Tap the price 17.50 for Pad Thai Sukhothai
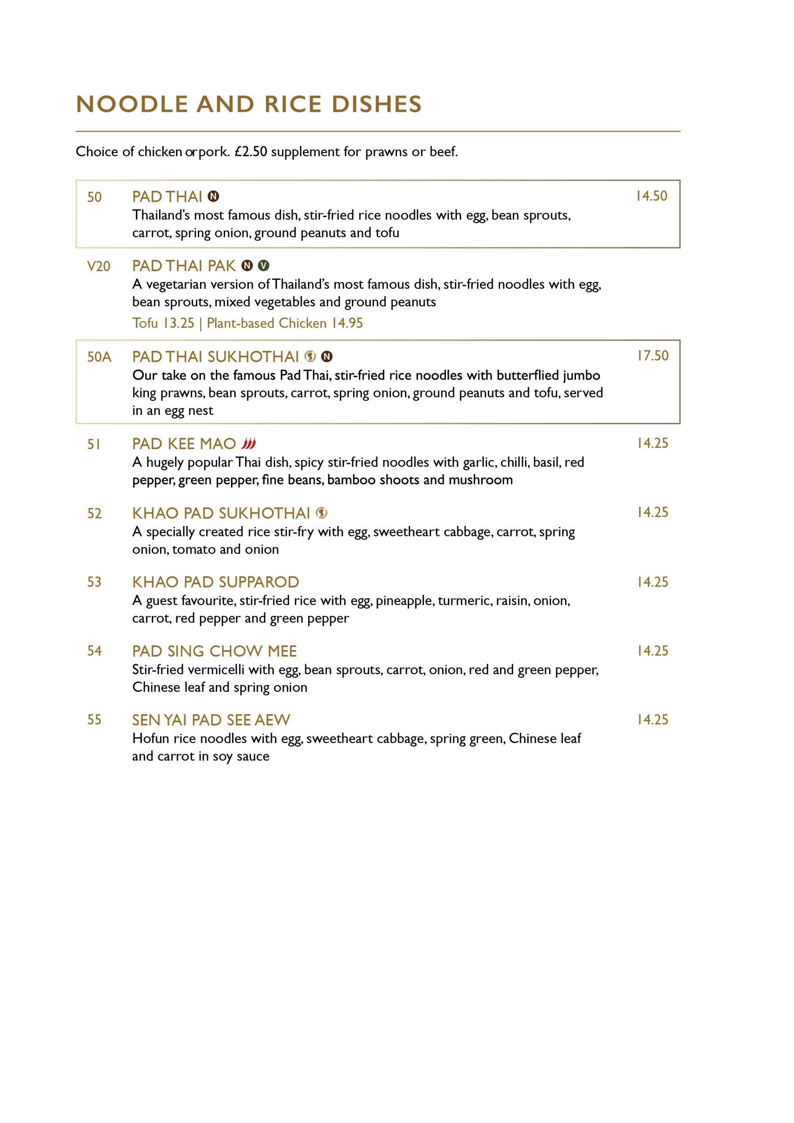pos(652,356)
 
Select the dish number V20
pos(98,267)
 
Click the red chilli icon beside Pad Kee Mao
pos(249,443)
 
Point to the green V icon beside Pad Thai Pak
pos(264,265)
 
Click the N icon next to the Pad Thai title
pos(213,197)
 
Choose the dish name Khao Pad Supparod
pos(215,582)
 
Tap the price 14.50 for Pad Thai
pos(651,196)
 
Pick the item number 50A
pos(99,357)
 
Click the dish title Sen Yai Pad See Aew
pos(211,720)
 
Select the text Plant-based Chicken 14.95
pos(285,323)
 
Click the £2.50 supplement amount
pos(251,152)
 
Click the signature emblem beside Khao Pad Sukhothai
pos(322,513)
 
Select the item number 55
pos(94,720)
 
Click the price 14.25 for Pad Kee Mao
pos(652,443)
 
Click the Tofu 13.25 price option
pos(163,323)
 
